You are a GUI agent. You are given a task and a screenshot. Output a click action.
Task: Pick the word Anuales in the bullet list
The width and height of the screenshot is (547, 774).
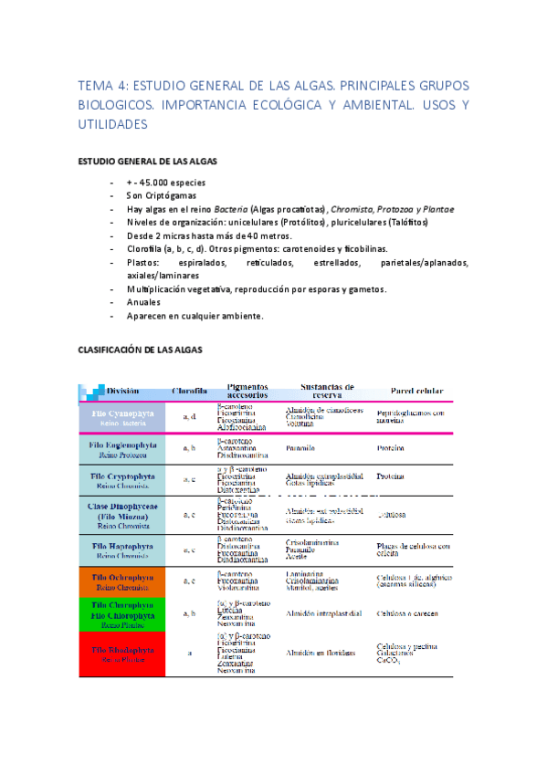tap(145, 303)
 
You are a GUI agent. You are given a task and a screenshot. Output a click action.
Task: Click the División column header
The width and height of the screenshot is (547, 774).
tap(123, 391)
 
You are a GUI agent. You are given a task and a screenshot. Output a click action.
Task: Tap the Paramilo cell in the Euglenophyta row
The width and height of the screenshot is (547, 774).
tap(300, 448)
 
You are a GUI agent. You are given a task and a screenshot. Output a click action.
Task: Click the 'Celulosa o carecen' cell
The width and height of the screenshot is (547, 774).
tap(406, 612)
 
